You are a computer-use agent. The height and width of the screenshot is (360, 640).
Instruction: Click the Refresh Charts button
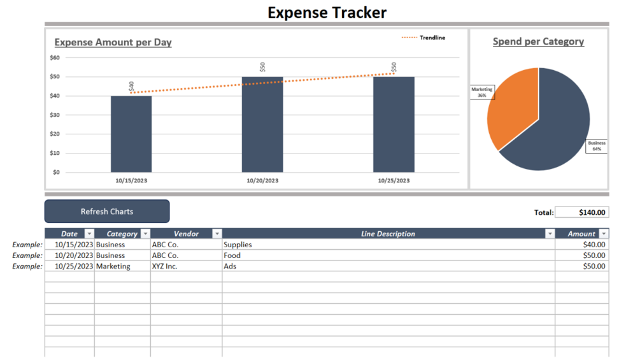pos(107,212)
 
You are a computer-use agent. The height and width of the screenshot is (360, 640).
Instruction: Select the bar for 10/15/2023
pos(131,134)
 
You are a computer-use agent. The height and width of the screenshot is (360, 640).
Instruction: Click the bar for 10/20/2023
pos(262,124)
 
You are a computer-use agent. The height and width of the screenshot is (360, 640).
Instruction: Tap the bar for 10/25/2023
pos(394,124)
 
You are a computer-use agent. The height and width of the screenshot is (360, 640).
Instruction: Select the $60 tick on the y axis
pos(55,57)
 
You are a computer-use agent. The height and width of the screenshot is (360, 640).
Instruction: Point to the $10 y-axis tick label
pos(55,153)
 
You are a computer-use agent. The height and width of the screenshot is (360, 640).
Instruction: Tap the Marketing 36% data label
pos(482,92)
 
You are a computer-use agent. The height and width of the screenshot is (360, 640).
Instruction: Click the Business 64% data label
pos(597,146)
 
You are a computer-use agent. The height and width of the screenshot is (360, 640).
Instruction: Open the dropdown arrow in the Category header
pos(145,234)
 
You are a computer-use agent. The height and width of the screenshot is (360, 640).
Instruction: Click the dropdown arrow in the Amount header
pos(604,234)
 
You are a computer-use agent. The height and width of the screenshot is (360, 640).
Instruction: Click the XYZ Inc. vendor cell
pos(186,266)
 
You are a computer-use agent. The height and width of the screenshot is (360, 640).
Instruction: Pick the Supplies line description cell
pos(388,245)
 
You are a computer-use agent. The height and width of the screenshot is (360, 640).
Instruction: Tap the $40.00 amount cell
pos(581,245)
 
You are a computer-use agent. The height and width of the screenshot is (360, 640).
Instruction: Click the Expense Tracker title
pos(327,12)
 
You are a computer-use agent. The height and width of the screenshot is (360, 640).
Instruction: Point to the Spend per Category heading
pos(538,41)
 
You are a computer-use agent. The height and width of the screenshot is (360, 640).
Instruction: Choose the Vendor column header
pos(186,234)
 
